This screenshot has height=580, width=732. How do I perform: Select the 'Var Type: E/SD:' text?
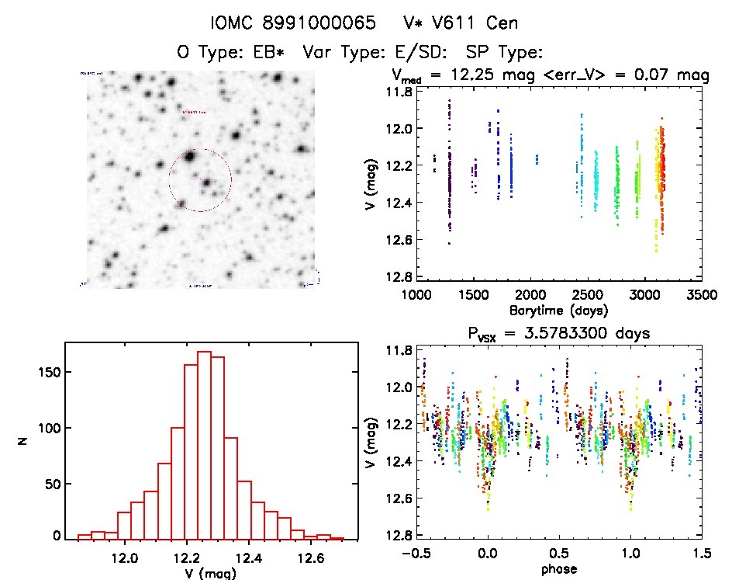pos(379,53)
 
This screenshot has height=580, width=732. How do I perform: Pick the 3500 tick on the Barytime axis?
pos(701,295)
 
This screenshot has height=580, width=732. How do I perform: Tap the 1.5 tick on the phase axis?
pos(701,554)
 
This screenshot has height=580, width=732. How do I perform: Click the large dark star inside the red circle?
pos(189,158)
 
